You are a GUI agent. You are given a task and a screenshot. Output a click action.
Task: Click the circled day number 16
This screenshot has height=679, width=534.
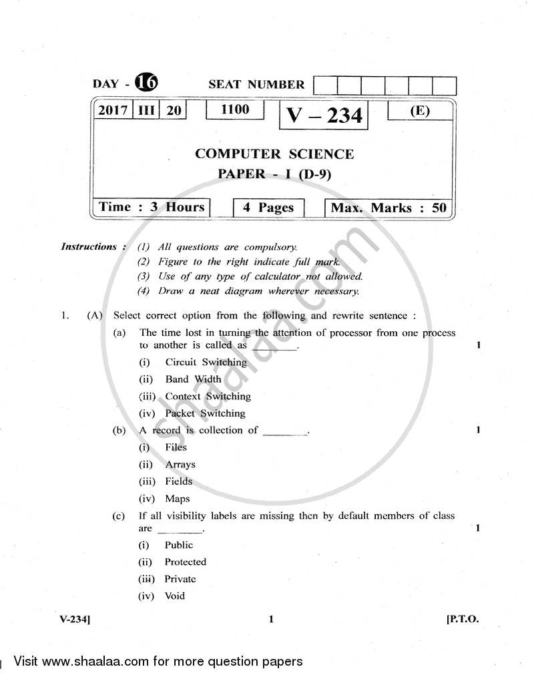146,83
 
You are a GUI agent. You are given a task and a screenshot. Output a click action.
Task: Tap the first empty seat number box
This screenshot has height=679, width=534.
324,86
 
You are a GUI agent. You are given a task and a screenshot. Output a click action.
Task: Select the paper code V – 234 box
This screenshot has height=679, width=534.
324,116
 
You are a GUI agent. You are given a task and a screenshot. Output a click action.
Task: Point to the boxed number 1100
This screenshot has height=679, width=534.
234,109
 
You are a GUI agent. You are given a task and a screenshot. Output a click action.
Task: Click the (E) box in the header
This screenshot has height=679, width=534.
419,111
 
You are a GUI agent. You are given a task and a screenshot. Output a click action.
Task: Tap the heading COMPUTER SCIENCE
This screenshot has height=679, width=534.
274,154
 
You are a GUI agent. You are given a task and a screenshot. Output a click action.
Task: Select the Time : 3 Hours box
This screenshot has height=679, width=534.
152,207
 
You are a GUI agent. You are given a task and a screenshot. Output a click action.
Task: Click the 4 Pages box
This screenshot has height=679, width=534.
268,208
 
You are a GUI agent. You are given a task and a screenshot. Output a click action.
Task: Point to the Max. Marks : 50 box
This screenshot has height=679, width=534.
388,208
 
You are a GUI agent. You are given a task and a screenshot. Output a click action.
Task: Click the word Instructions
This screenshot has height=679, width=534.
89,246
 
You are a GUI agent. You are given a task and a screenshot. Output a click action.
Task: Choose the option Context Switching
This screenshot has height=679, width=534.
208,396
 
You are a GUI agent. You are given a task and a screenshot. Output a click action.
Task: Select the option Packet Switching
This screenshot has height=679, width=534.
205,413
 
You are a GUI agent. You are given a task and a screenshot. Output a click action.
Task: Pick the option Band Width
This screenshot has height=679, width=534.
193,379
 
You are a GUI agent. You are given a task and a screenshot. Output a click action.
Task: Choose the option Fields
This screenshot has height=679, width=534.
178,481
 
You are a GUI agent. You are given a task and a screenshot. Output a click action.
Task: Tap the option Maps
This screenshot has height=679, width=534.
177,499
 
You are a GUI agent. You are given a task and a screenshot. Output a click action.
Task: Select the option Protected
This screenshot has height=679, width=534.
185,562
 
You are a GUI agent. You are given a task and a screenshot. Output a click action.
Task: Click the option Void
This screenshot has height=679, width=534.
174,596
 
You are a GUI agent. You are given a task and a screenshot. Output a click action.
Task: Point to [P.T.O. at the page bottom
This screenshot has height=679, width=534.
462,619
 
